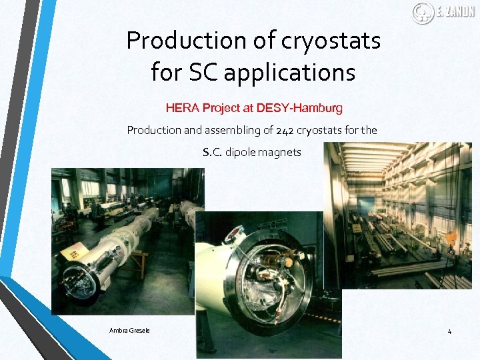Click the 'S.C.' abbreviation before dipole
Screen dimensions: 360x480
point(213,152)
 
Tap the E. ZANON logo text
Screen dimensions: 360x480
point(455,12)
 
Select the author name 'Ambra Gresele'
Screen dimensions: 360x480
point(130,331)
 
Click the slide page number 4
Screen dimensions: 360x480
point(449,331)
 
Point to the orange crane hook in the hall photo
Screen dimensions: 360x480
point(451,237)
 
